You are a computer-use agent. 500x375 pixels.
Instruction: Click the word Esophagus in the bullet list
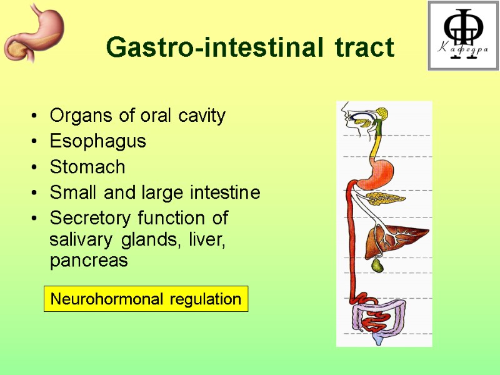97,141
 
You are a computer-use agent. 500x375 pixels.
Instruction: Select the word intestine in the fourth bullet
227,193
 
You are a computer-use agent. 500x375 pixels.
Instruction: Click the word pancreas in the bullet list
88,261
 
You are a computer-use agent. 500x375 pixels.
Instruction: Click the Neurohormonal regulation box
146,299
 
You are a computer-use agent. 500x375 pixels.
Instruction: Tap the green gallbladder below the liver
377,266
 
